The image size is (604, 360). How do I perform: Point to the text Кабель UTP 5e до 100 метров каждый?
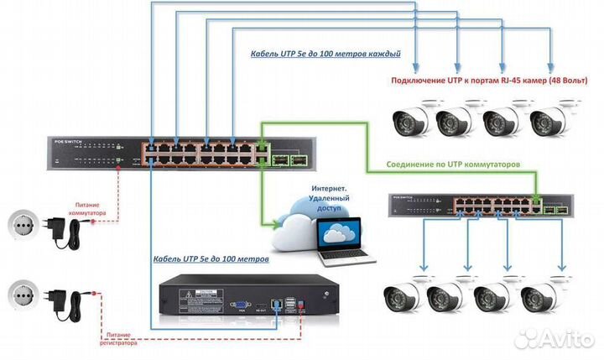point(325,54)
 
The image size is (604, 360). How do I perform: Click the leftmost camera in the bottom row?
point(402,296)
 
